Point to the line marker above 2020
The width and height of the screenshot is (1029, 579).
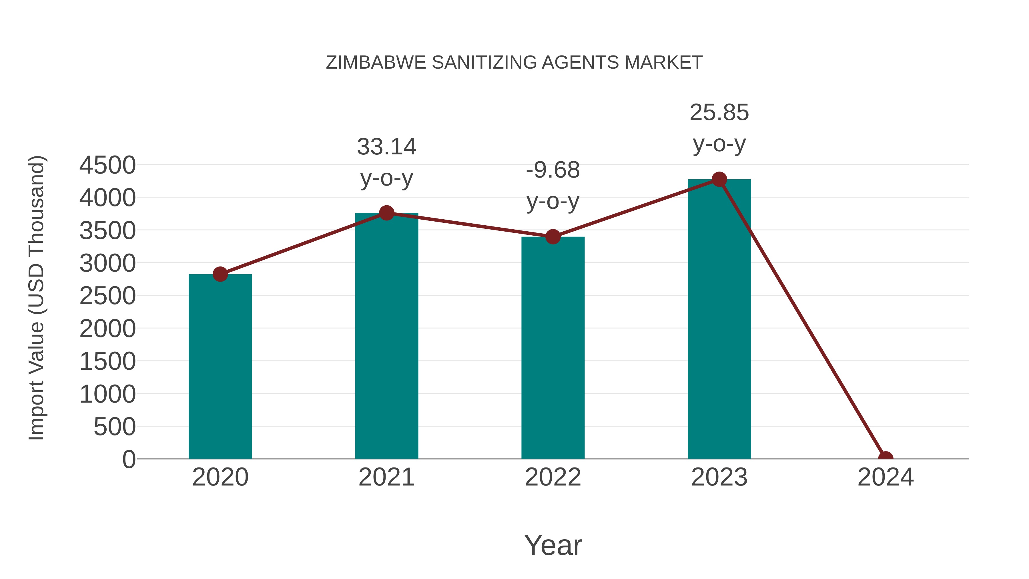(220, 274)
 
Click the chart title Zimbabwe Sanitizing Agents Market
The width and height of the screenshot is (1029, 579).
(514, 62)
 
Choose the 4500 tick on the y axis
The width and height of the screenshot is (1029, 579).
(107, 165)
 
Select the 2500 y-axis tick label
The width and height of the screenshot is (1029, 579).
(107, 296)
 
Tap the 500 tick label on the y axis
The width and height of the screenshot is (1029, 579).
(115, 427)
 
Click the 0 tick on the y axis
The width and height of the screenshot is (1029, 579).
(129, 459)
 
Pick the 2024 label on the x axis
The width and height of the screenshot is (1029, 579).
(885, 477)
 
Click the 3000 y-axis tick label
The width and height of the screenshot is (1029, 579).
(107, 263)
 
